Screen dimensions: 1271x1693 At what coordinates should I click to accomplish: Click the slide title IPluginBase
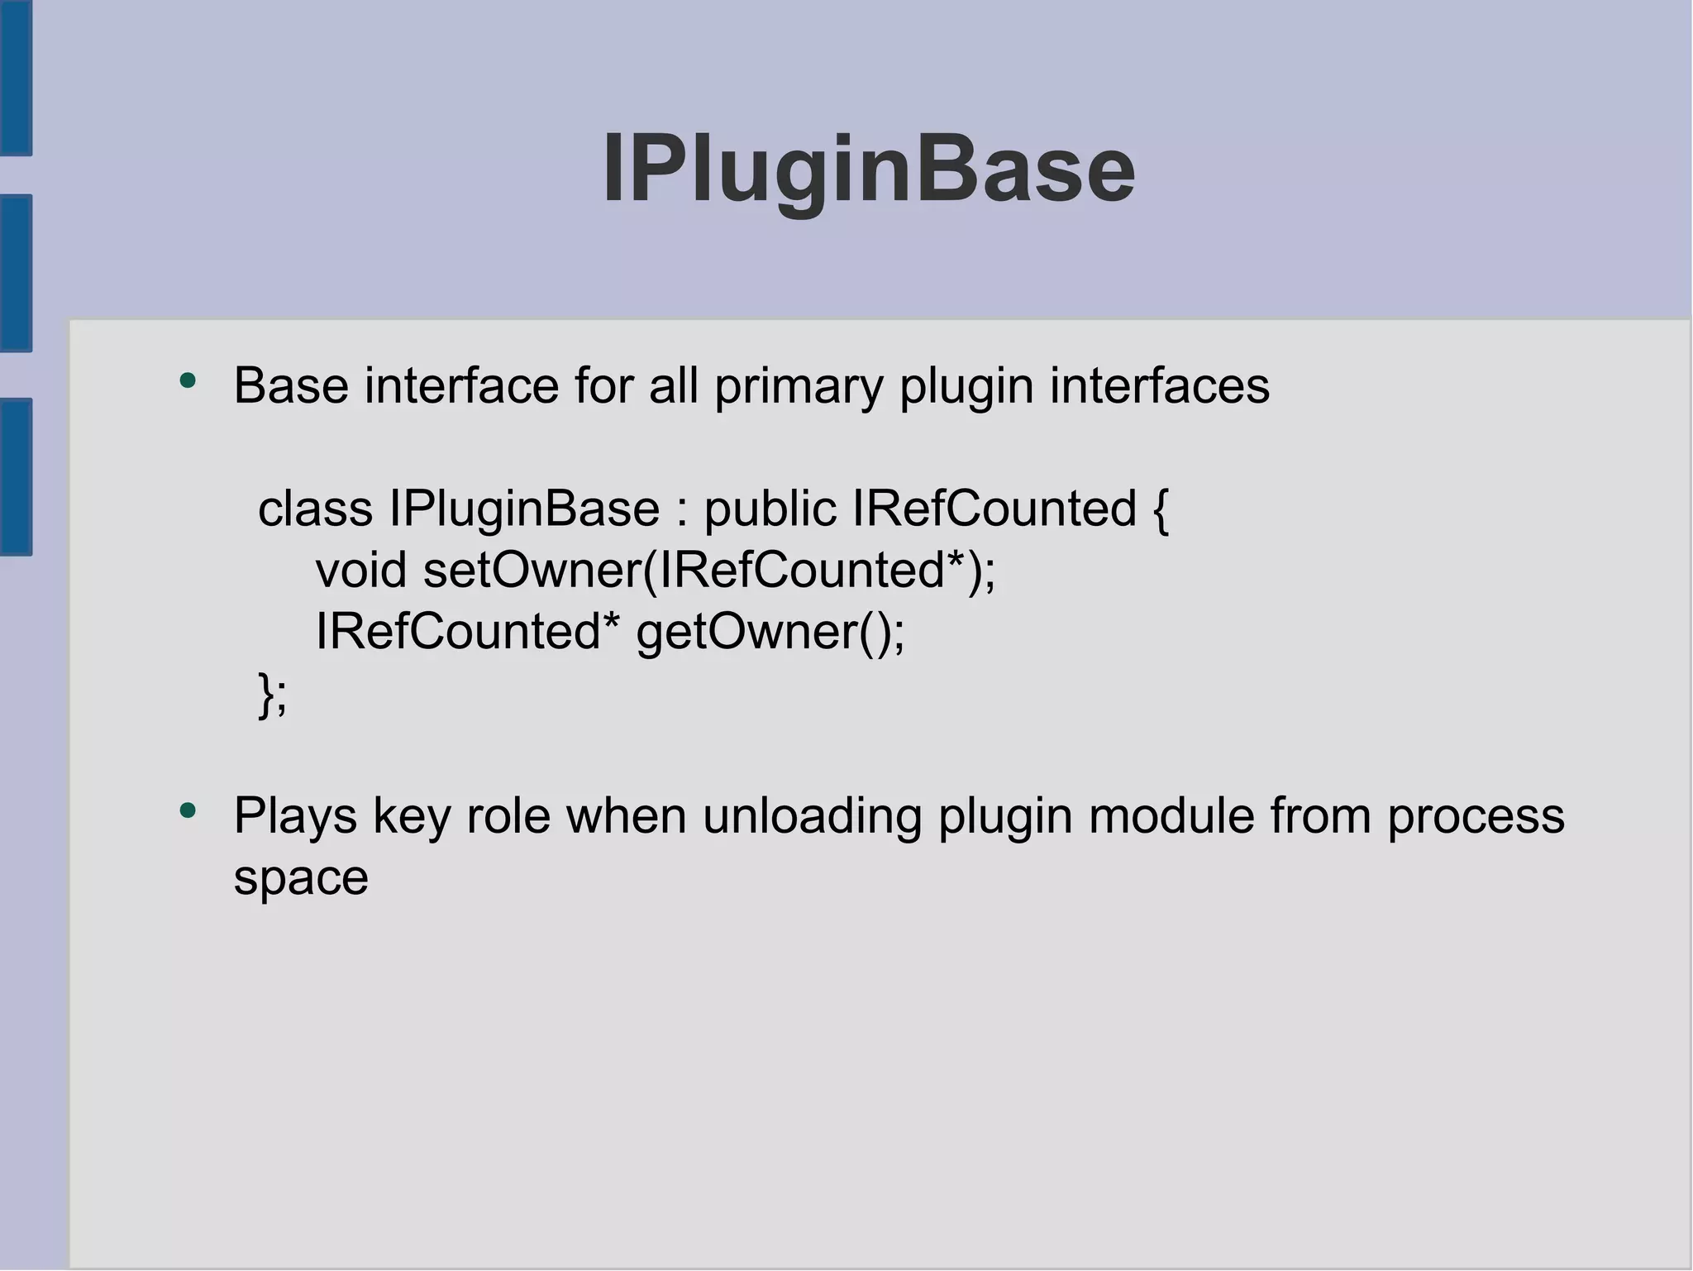click(x=869, y=170)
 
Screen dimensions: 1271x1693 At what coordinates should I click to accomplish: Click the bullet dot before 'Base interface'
click(x=188, y=381)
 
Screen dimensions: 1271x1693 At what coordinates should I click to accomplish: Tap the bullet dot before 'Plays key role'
click(x=188, y=811)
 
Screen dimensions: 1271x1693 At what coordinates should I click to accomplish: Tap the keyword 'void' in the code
click(x=361, y=570)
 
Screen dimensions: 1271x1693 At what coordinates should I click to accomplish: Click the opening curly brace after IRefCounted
click(x=1159, y=509)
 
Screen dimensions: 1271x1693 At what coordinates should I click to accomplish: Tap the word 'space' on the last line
click(x=301, y=878)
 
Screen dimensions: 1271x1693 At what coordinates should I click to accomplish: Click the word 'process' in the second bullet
click(x=1476, y=816)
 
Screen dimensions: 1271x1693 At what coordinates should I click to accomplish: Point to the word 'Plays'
click(x=295, y=816)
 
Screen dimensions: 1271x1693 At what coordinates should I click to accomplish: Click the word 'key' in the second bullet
click(x=412, y=816)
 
